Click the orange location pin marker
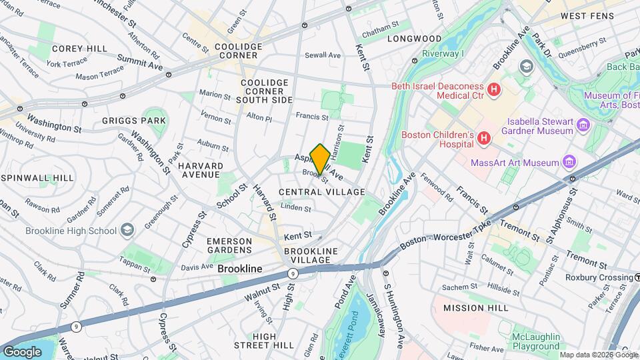[320, 159]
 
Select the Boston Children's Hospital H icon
[484, 138]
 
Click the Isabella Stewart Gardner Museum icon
[583, 125]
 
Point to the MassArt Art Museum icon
[568, 162]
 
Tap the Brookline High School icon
[127, 231]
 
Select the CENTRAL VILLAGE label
[322, 192]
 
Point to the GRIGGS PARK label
[134, 121]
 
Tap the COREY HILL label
[79, 49]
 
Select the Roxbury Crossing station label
[587, 277]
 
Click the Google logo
[21, 351]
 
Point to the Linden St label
[296, 208]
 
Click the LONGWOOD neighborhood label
[417, 39]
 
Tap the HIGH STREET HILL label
[264, 341]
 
